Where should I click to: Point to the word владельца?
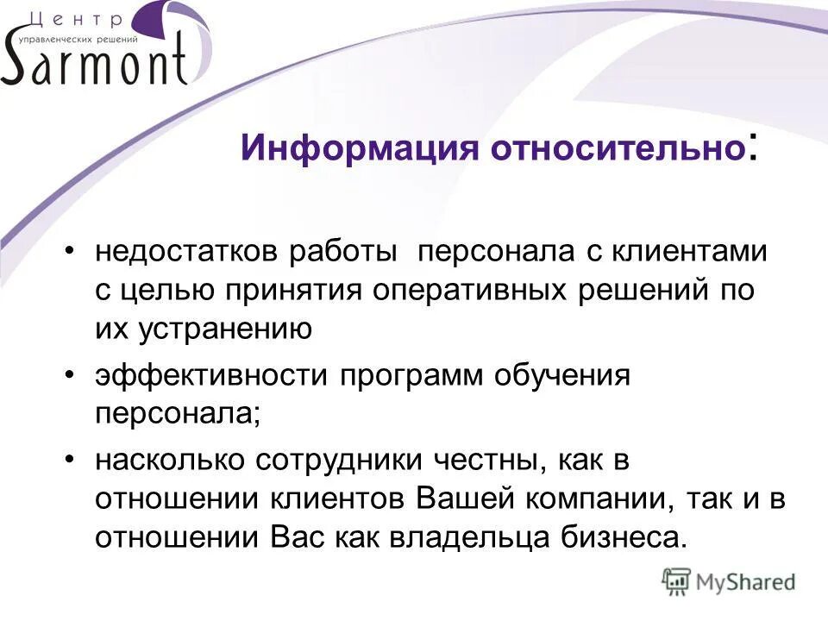click(474, 537)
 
